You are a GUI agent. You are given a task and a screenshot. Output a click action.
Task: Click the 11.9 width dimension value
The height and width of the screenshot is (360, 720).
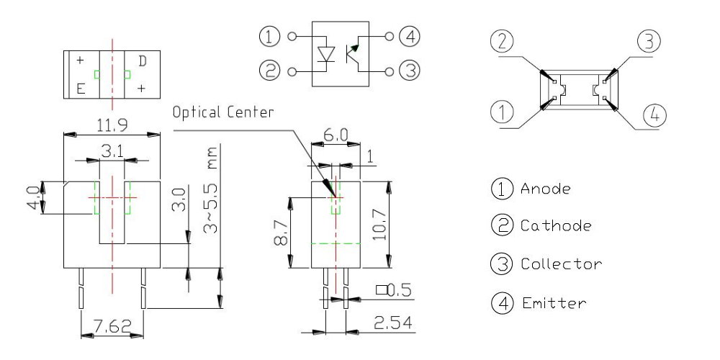click(x=112, y=125)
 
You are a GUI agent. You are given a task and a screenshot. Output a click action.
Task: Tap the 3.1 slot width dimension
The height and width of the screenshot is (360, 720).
click(x=111, y=152)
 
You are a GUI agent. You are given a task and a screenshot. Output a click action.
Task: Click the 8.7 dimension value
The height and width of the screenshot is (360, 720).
click(x=281, y=233)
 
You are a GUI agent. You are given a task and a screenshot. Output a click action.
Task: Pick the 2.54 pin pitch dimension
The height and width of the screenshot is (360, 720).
click(x=392, y=324)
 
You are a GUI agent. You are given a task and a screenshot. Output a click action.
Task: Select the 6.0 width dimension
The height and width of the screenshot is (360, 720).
click(x=336, y=135)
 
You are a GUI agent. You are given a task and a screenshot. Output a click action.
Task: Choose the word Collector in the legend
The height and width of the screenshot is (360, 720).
click(x=561, y=264)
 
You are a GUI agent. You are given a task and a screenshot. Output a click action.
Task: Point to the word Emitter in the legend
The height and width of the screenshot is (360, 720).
click(x=553, y=303)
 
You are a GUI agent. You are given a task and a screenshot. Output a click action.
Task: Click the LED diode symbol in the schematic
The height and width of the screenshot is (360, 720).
click(x=328, y=53)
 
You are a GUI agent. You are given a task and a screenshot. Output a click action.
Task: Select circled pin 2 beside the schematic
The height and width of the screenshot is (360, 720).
click(x=269, y=71)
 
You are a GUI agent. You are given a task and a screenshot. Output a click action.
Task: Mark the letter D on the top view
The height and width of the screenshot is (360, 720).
click(x=143, y=61)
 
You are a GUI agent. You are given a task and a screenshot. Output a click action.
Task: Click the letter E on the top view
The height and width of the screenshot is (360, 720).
click(x=81, y=89)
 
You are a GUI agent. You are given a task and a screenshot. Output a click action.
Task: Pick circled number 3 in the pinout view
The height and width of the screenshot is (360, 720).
click(x=648, y=42)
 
